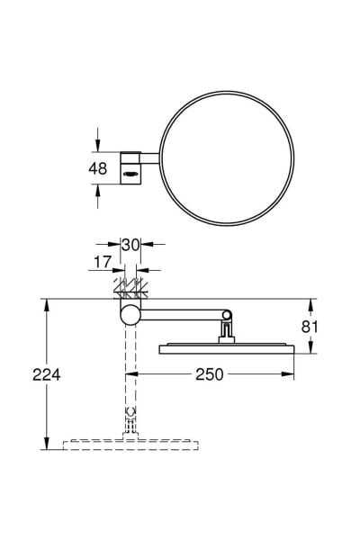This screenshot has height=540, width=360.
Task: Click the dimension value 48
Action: (x=98, y=169)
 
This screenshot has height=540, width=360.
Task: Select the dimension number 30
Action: (x=130, y=245)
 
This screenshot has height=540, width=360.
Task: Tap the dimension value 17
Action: (x=103, y=262)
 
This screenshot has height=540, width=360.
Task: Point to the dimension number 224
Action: (x=47, y=374)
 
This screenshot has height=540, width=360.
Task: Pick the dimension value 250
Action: (x=210, y=374)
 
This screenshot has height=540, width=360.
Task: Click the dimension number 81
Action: (x=310, y=327)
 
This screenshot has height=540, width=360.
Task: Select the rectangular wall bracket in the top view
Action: (x=130, y=167)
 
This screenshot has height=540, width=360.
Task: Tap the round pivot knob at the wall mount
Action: (x=130, y=315)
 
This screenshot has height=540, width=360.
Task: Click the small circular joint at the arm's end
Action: (x=227, y=315)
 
